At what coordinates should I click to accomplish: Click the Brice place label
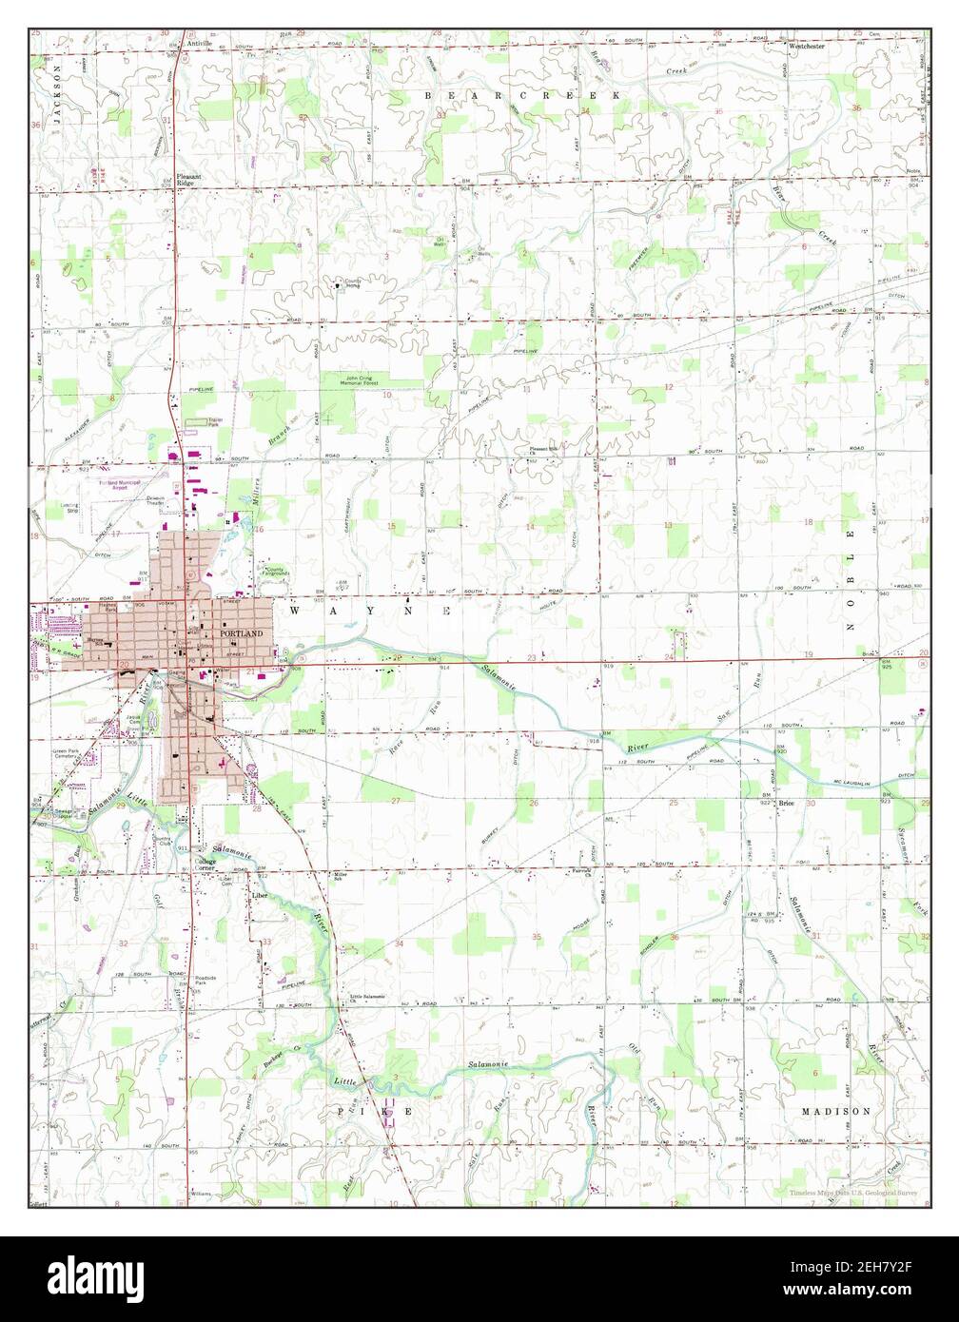click(x=786, y=803)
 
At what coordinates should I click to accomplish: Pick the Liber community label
click(x=258, y=895)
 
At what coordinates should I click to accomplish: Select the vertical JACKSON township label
click(x=56, y=90)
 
